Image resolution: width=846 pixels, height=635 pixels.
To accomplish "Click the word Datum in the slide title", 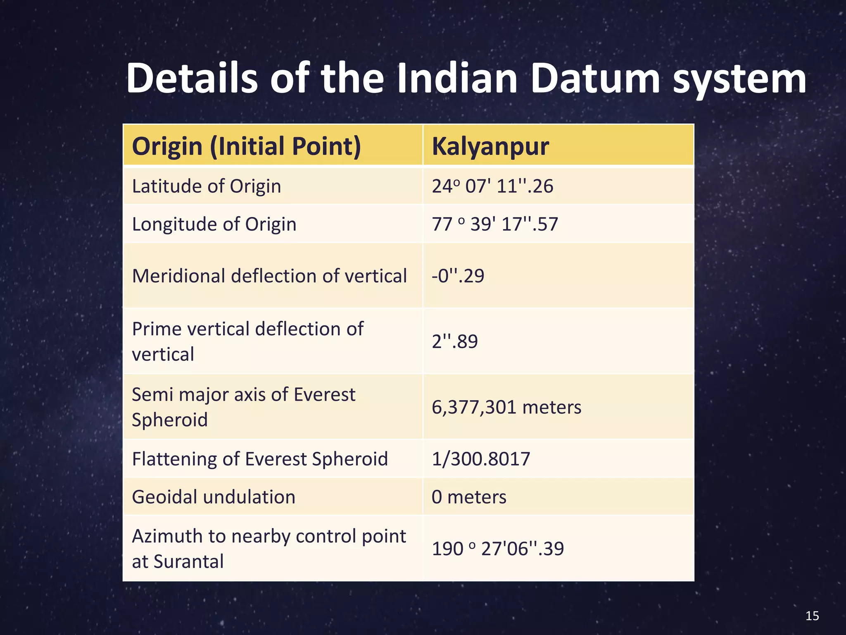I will pyautogui.click(x=595, y=79).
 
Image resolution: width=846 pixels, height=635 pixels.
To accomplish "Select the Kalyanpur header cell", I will pyautogui.click(x=490, y=146).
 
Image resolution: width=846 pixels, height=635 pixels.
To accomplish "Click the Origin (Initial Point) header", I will pyautogui.click(x=247, y=146).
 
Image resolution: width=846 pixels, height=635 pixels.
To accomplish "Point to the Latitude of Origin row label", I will pyautogui.click(x=207, y=186).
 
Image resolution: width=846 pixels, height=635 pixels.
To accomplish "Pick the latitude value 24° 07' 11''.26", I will pyautogui.click(x=492, y=186).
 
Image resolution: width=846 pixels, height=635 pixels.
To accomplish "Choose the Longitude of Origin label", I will pyautogui.click(x=214, y=224).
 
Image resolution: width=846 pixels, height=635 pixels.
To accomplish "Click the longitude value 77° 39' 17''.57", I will pyautogui.click(x=495, y=224).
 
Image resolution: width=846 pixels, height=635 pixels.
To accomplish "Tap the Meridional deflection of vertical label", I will pyautogui.click(x=269, y=276).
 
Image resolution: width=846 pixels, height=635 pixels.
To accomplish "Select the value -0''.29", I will pyautogui.click(x=458, y=276).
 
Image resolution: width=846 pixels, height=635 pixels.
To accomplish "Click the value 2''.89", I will pyautogui.click(x=455, y=341).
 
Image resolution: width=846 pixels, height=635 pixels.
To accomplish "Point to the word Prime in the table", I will pyautogui.click(x=157, y=329).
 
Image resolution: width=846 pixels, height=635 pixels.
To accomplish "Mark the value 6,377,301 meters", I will pyautogui.click(x=506, y=407).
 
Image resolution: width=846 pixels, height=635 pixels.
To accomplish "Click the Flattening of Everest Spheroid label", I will pyautogui.click(x=260, y=459).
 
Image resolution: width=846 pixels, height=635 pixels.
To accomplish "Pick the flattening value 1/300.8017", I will pyautogui.click(x=481, y=459).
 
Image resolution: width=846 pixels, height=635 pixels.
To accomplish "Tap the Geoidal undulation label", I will pyautogui.click(x=214, y=497).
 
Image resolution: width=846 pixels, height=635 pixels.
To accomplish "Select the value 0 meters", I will pyautogui.click(x=469, y=497).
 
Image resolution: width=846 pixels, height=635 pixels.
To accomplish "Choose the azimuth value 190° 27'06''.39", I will pyautogui.click(x=498, y=549).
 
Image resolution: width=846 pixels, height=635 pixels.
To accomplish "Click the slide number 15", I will pyautogui.click(x=812, y=616).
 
